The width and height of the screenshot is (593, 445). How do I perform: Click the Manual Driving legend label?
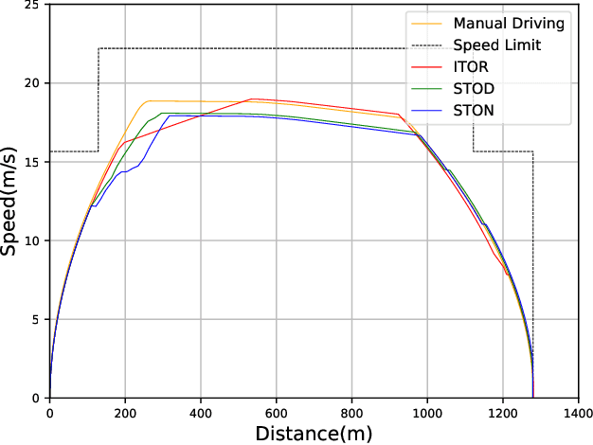pyautogui.click(x=508, y=22)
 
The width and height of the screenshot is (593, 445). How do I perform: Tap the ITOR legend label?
pyautogui.click(x=472, y=68)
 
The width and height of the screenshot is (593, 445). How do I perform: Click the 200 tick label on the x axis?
pyautogui.click(x=125, y=412)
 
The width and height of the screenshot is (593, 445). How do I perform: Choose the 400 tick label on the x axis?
pyautogui.click(x=201, y=412)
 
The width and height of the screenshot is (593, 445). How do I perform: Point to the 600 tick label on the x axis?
pyautogui.click(x=277, y=412)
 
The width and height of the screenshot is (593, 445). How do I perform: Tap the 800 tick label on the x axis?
pyautogui.click(x=352, y=412)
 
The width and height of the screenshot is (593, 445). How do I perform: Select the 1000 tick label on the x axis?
pyautogui.click(x=428, y=412)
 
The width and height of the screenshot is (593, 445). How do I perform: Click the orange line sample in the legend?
pyautogui.click(x=424, y=22)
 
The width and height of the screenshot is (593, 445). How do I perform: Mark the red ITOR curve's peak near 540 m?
pyautogui.click(x=252, y=98)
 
